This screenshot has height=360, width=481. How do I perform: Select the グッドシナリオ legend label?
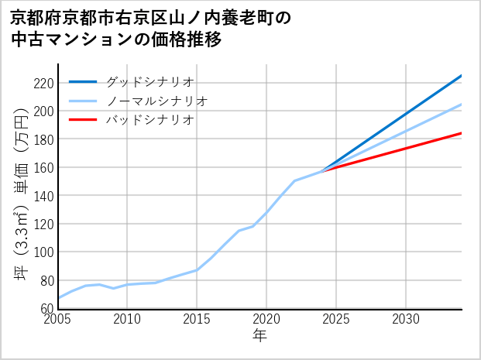[149, 81]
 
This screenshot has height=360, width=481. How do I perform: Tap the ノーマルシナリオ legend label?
[156, 101]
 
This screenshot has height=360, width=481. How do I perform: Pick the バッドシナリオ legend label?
[149, 120]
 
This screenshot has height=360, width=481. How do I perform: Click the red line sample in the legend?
[83, 120]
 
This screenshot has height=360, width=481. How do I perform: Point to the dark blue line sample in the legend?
[83, 81]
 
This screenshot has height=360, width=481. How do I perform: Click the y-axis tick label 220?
[43, 83]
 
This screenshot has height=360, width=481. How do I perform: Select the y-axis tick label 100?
[43, 252]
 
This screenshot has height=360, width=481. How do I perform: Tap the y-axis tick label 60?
[46, 309]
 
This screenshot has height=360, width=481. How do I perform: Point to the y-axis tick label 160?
[43, 167]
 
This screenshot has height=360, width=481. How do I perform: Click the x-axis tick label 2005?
[58, 319]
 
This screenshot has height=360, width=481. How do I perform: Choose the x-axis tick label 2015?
[197, 319]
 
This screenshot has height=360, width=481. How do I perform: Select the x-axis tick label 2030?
[406, 319]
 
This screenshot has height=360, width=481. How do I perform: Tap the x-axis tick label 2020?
[266, 319]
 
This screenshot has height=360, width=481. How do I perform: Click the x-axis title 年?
[259, 335]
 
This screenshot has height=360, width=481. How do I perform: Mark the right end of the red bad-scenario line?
[462, 133]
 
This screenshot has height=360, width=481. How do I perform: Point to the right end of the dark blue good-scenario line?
[462, 75]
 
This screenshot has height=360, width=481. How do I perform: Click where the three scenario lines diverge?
[322, 170]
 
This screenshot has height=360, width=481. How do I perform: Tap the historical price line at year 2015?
[197, 269]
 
